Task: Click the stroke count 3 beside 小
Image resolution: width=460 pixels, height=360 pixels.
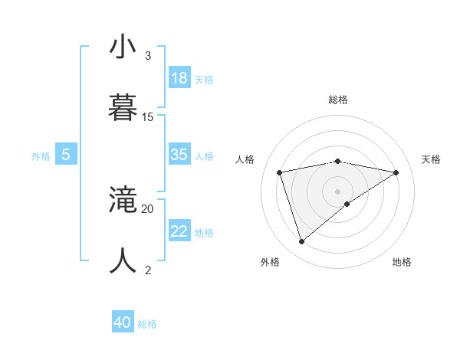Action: pos(148,56)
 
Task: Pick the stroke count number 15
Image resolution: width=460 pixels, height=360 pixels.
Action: pos(148,117)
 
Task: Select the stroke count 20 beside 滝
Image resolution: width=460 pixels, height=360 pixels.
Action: pos(148,208)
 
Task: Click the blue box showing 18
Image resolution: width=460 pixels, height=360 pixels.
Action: pos(179,78)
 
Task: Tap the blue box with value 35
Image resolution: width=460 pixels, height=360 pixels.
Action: pos(179,155)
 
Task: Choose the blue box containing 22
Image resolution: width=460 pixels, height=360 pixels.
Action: pos(179,231)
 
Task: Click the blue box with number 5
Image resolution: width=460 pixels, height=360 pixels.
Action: pos(66,155)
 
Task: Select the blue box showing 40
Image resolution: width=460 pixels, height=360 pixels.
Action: pos(123,322)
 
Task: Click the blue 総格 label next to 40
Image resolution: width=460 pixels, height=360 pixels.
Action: pos(147,324)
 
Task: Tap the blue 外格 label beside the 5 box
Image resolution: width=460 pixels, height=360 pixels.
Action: pos(41,156)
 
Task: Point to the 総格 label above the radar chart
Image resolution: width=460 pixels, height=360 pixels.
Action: pos(338,100)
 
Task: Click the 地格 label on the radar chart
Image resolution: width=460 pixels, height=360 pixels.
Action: pos(402,263)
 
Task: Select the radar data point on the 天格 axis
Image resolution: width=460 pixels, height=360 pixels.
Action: pos(396,172)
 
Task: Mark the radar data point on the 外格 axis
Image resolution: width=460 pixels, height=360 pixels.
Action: pos(301,242)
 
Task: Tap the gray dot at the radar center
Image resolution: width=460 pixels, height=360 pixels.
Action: pos(338,191)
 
